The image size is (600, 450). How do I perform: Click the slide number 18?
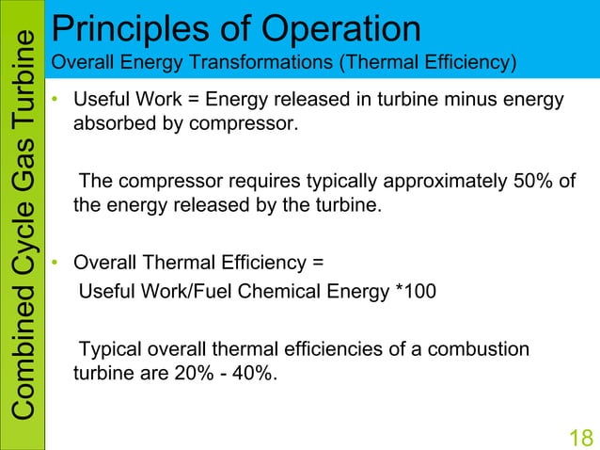click(581, 437)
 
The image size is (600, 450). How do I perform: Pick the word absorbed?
click(112, 122)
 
